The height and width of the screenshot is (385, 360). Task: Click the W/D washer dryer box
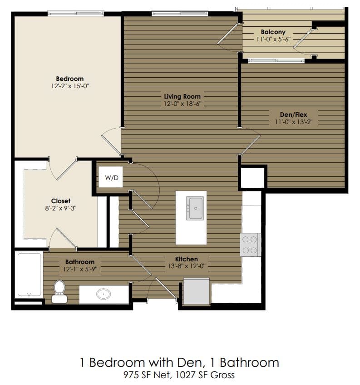point(111,178)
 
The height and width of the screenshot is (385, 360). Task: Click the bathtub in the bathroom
point(29,275)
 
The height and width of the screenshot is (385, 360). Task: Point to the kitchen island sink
point(195,208)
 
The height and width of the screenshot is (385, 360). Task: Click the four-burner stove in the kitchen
point(250,245)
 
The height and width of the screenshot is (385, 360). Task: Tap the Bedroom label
point(69,79)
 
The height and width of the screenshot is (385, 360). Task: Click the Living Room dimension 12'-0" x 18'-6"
point(182,104)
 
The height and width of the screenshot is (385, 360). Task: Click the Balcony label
point(273,32)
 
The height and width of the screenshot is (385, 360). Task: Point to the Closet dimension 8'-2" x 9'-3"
point(60,209)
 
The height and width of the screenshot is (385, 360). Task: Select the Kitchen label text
point(187,259)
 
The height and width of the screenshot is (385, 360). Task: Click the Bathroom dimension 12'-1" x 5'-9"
point(79,269)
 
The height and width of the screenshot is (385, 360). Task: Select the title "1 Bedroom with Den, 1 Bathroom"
point(179,362)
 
